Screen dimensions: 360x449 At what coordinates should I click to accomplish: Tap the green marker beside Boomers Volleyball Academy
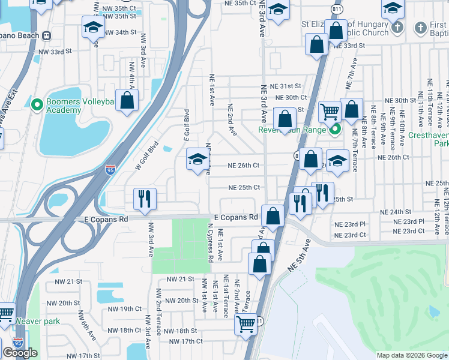[x=36, y=105]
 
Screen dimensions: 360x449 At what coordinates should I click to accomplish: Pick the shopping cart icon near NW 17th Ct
[x=245, y=324]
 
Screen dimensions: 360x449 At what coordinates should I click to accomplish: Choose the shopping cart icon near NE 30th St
[x=329, y=111]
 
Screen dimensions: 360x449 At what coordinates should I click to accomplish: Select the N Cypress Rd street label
[x=210, y=244]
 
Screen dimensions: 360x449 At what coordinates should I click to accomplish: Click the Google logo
[x=20, y=353]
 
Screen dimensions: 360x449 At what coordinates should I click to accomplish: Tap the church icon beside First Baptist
[x=396, y=28]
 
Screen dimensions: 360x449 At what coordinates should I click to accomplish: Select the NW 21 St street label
[x=180, y=280]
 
